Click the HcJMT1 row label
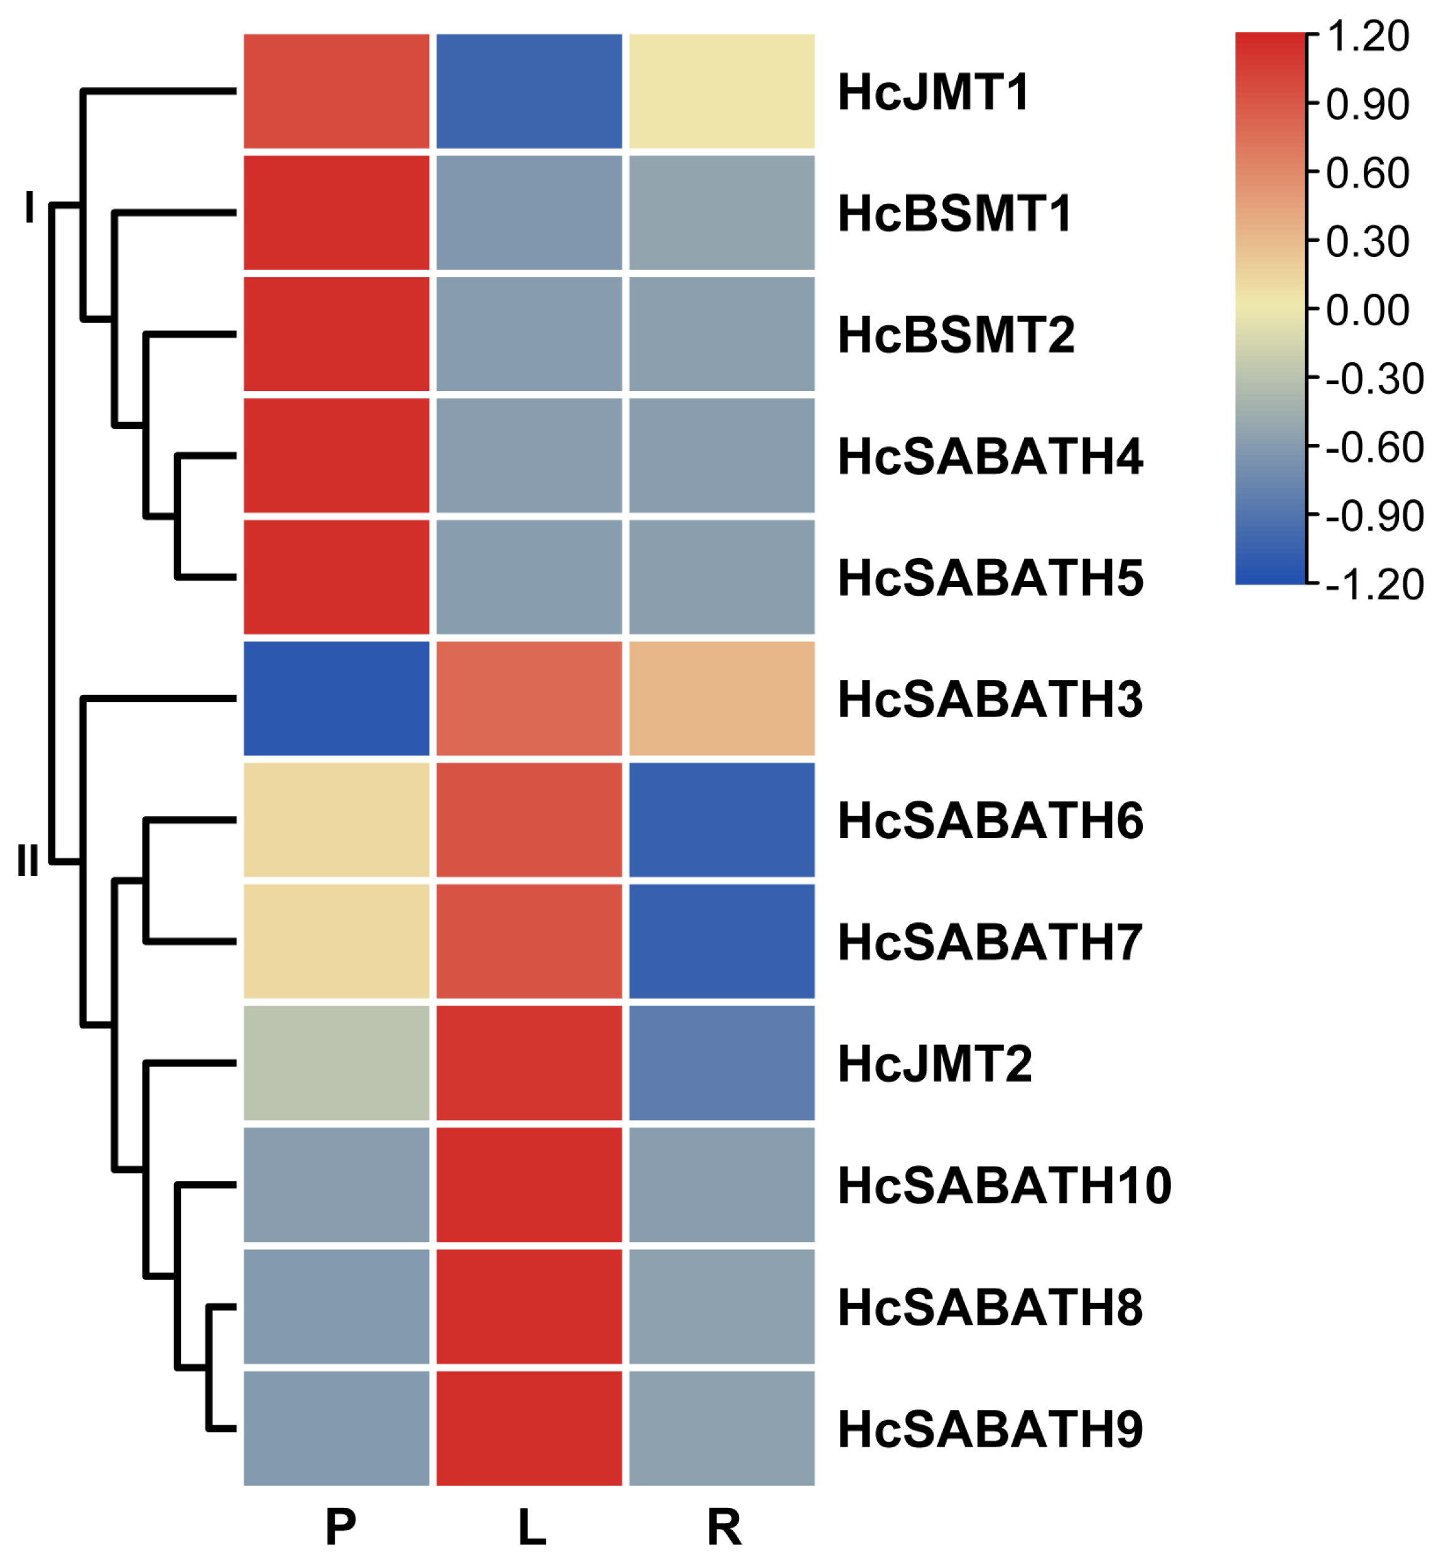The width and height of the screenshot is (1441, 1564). [934, 93]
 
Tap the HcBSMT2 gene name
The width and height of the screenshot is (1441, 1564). [956, 335]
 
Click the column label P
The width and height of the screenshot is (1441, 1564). [341, 1528]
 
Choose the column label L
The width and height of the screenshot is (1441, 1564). [532, 1528]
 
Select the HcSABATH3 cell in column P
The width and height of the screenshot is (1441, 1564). [337, 699]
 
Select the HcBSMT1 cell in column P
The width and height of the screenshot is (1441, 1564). [337, 213]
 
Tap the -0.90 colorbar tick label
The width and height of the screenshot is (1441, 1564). [1374, 516]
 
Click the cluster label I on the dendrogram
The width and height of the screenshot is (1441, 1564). [30, 207]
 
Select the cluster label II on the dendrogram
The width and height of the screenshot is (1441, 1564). [28, 861]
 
